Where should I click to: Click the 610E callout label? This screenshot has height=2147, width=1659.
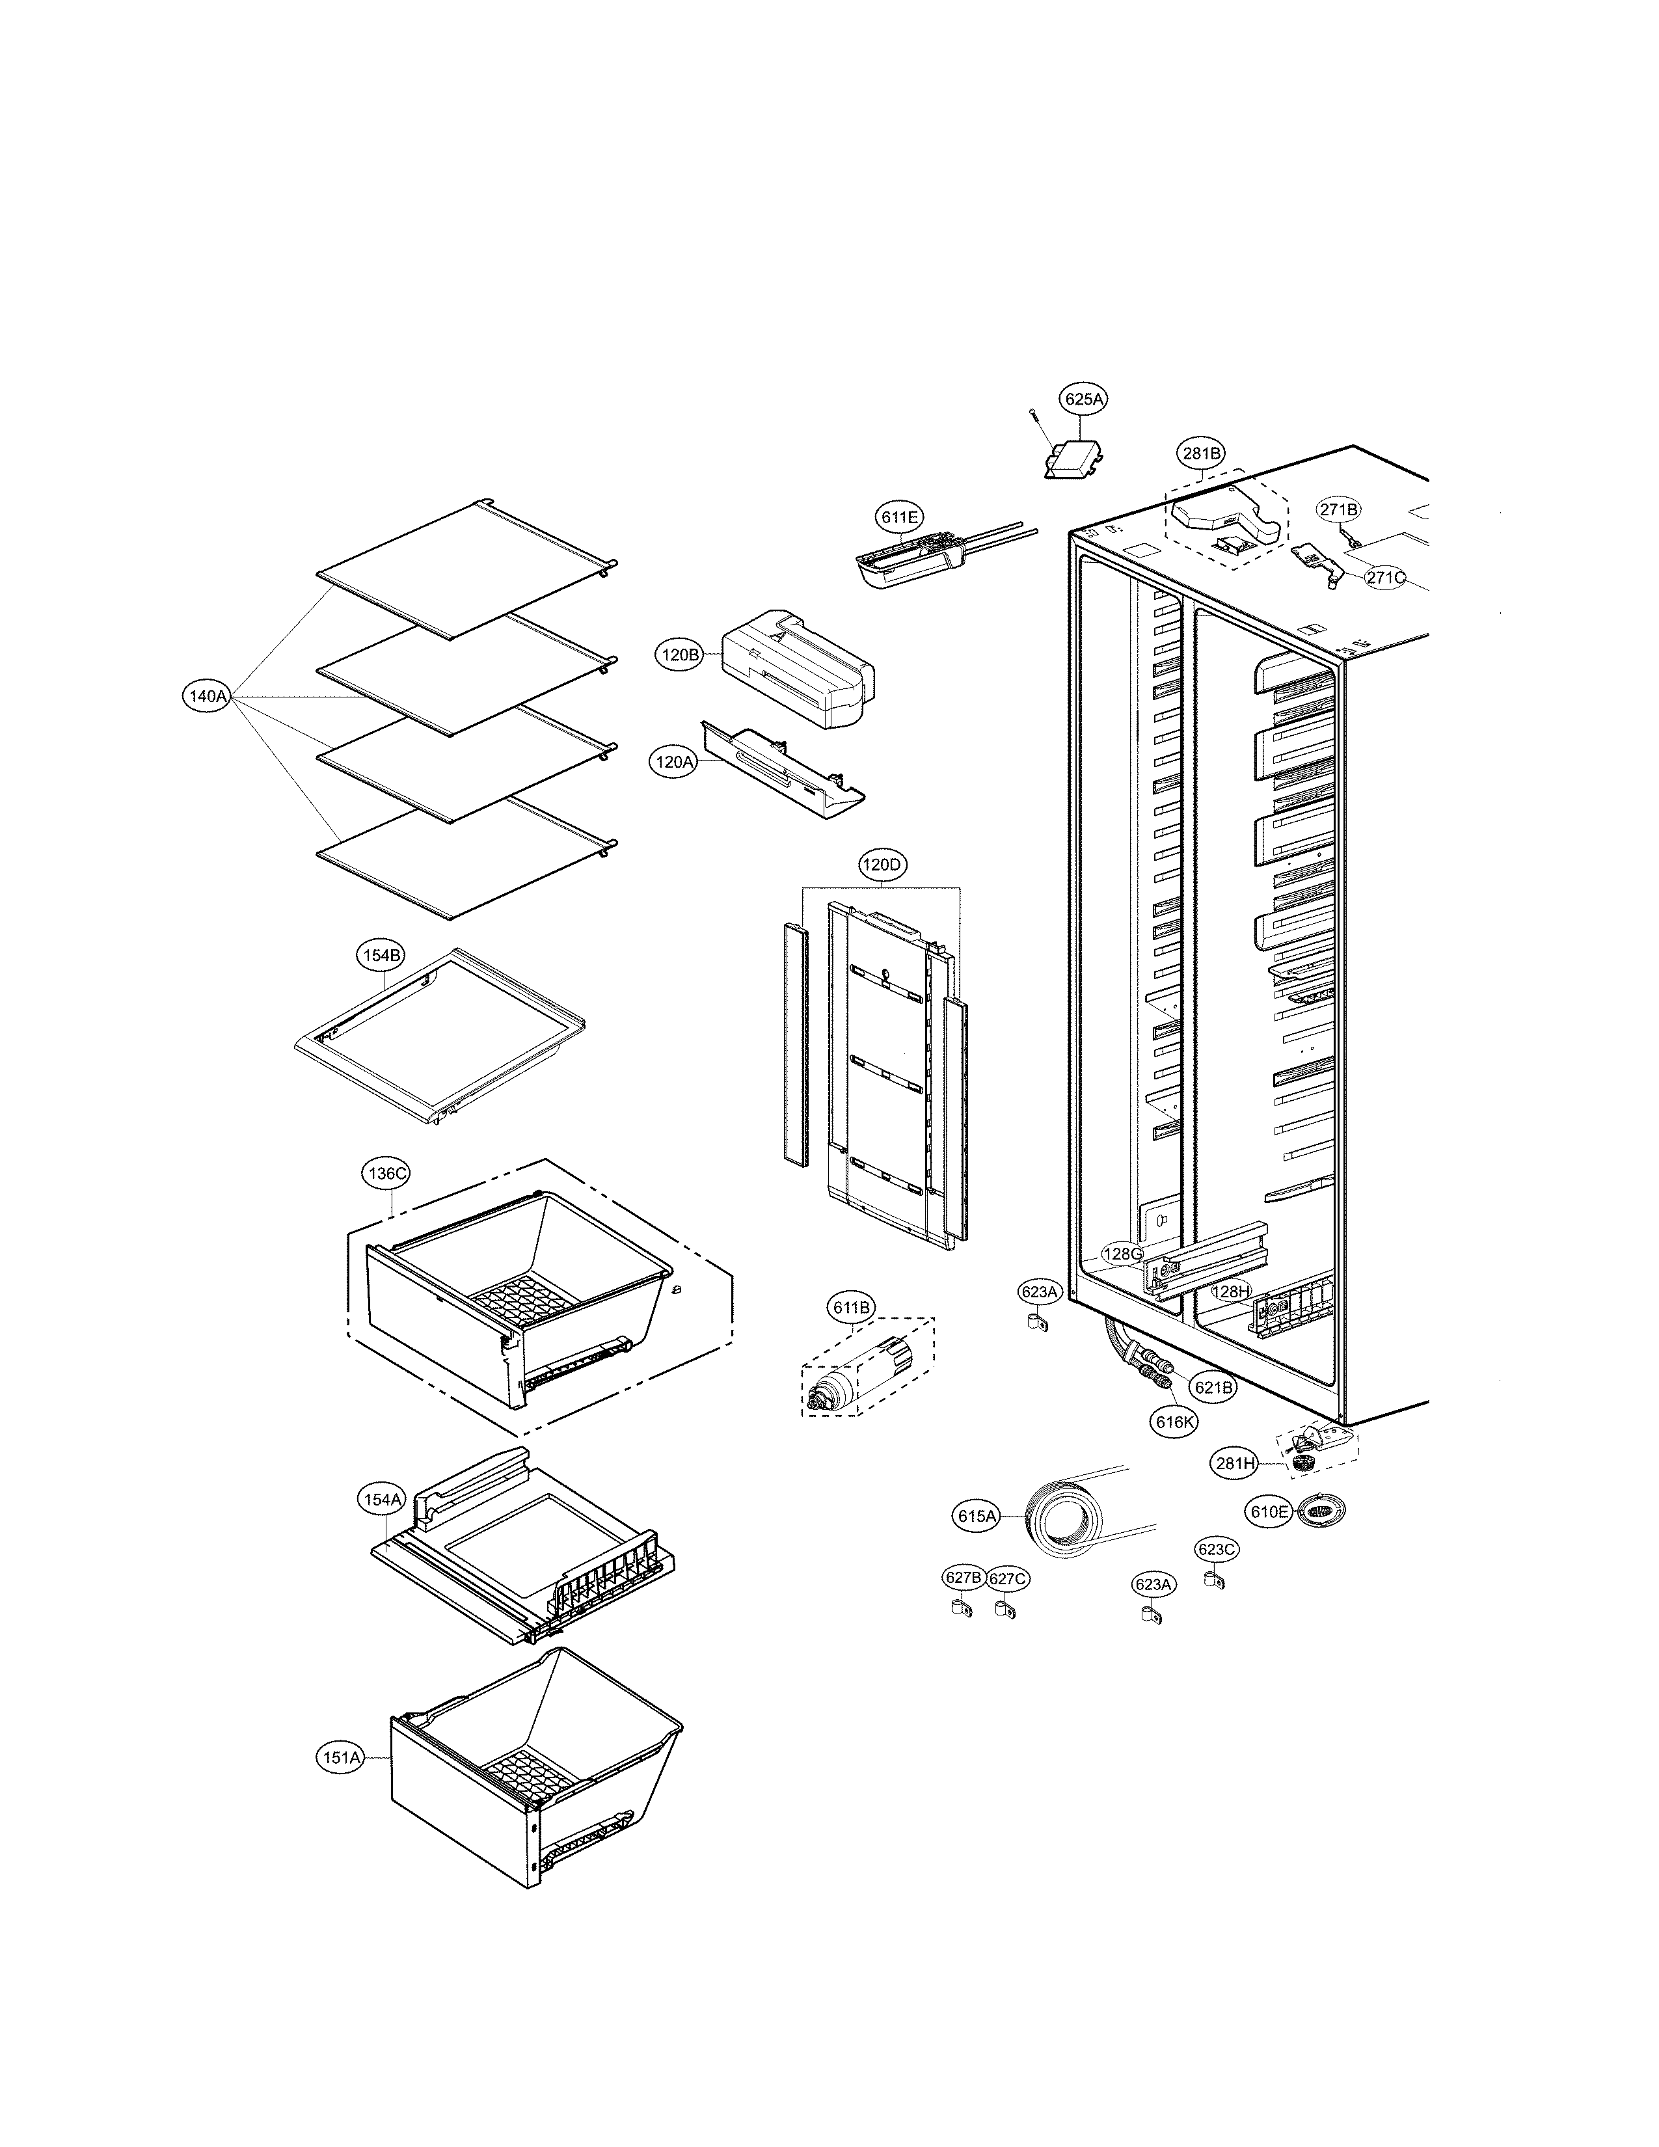[1269, 1512]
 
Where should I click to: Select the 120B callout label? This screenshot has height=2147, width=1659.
[679, 655]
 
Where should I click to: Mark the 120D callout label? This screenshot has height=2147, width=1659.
[881, 865]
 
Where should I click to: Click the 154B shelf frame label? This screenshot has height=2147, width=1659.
[381, 954]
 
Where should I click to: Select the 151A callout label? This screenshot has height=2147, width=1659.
[340, 1758]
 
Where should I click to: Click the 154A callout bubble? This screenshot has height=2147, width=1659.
[381, 1500]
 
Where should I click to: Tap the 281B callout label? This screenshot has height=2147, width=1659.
[1201, 453]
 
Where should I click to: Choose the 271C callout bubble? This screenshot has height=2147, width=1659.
[1386, 578]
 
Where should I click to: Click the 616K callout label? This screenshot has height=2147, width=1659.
[1176, 1422]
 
